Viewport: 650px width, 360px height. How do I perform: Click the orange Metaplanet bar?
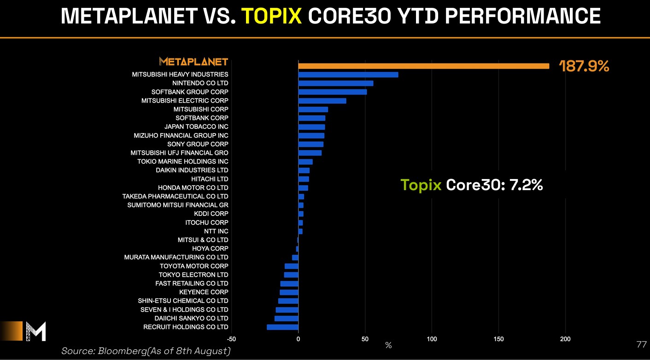point(423,66)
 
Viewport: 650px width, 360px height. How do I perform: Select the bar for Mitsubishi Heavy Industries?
point(348,75)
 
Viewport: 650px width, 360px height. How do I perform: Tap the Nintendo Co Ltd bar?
point(336,83)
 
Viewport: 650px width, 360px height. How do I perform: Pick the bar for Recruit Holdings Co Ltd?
point(282,327)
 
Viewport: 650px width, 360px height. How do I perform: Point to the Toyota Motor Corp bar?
point(291,266)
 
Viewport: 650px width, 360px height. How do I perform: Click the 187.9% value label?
point(584,66)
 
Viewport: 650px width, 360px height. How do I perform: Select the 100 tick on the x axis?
point(432,339)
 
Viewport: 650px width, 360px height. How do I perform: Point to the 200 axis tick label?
point(565,339)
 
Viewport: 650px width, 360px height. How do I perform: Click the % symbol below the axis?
point(388,345)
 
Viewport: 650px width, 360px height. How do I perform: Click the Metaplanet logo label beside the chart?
point(193,61)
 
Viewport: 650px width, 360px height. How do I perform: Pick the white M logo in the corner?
point(36,331)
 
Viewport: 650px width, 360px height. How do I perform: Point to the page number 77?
point(641,344)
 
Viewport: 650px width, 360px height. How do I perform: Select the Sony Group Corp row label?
point(198,144)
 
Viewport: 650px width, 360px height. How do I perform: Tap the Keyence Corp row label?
point(204,292)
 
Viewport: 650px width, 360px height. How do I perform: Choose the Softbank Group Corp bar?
point(333,92)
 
